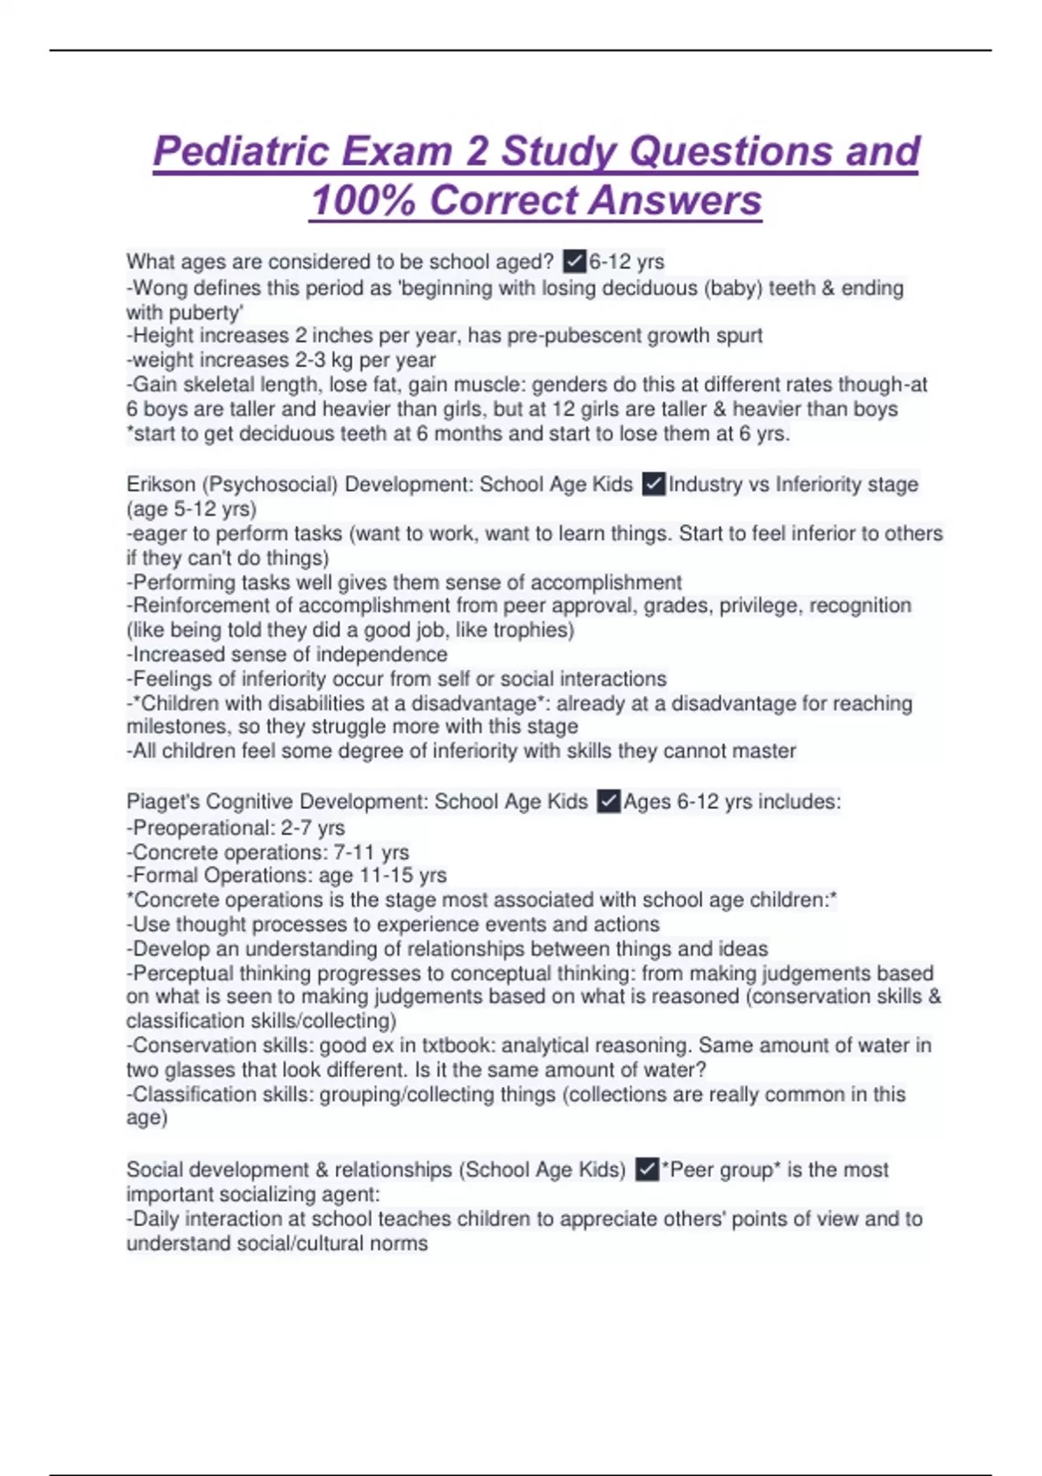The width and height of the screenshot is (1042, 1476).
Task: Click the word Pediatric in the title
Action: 241,151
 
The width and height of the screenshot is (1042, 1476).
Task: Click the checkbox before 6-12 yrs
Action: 574,260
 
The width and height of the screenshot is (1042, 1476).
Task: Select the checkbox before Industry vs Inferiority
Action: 653,484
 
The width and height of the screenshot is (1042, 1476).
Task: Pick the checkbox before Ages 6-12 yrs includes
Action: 609,801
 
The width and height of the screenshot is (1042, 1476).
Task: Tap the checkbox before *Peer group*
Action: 646,1170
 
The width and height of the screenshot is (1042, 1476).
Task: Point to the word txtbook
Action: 456,1044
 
